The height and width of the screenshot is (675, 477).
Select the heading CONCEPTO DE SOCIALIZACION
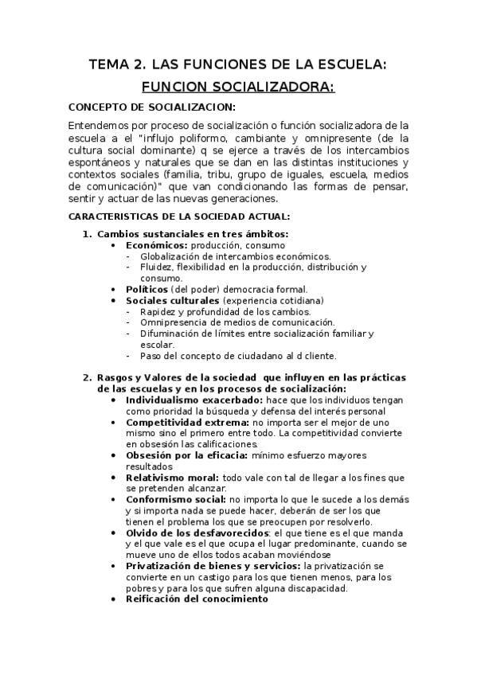tap(151, 107)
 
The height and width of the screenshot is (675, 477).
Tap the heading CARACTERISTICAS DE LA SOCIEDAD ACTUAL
tap(179, 216)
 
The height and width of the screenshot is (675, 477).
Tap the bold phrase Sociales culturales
tap(173, 301)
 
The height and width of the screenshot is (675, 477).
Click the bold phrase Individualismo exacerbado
tap(194, 400)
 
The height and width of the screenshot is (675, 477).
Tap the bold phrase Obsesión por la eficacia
tap(186, 455)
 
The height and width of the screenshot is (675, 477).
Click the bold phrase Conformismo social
tap(176, 499)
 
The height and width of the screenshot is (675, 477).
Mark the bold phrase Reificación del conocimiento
tap(197, 599)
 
